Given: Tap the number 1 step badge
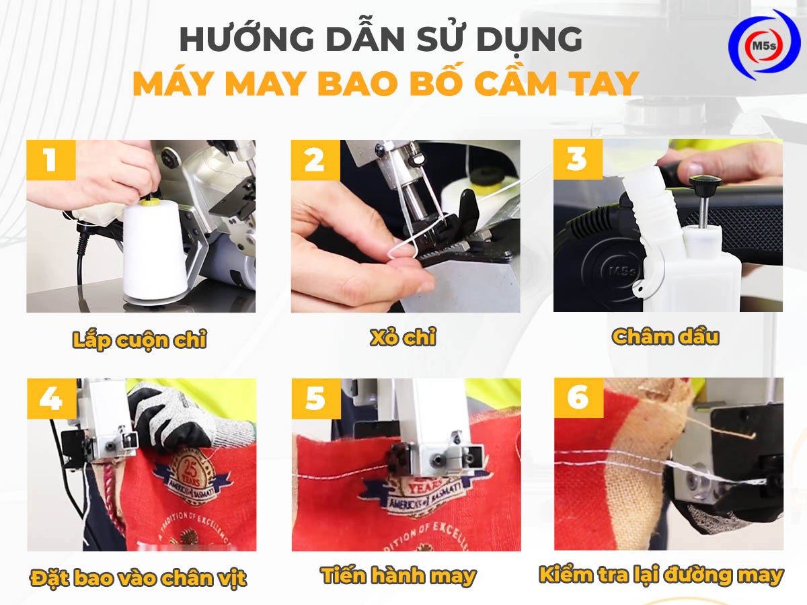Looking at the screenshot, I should (x=50, y=161).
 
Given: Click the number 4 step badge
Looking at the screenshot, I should (x=51, y=399).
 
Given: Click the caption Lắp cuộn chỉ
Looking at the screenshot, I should (x=139, y=340).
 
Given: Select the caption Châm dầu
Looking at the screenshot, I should (x=666, y=337).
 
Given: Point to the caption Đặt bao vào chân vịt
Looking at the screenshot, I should (x=139, y=577).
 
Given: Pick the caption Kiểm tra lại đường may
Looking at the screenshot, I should (x=661, y=575).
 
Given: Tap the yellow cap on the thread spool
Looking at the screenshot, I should (x=152, y=200).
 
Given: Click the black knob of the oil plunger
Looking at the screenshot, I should (x=704, y=182).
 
